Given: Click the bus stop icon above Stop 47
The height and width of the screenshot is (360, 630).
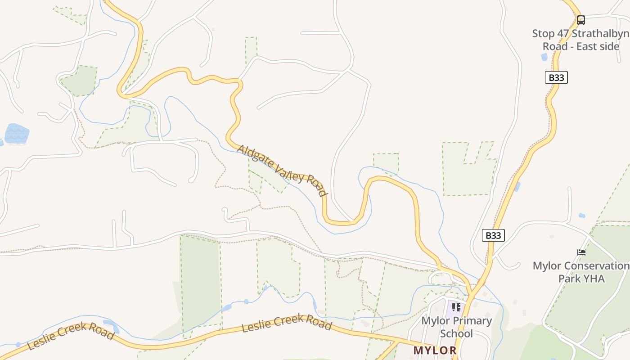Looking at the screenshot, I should pyautogui.click(x=581, y=20).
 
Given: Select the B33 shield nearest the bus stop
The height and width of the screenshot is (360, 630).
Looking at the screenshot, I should pyautogui.click(x=556, y=77).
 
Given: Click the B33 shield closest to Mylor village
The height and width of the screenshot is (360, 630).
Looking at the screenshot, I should pyautogui.click(x=493, y=235).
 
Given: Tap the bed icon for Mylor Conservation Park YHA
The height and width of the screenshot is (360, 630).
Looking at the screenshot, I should pyautogui.click(x=581, y=252).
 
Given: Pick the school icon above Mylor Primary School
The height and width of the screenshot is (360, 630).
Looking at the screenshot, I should pyautogui.click(x=456, y=307).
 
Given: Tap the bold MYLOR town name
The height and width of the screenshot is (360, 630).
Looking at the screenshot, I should pyautogui.click(x=435, y=350).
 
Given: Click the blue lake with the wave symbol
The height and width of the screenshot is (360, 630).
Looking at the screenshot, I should pyautogui.click(x=17, y=134).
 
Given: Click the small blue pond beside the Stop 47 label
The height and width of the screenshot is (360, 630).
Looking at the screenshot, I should pyautogui.click(x=544, y=57).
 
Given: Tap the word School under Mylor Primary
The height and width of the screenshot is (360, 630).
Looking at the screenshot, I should pyautogui.click(x=456, y=333).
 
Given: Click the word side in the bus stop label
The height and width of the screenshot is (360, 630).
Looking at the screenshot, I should pyautogui.click(x=610, y=46).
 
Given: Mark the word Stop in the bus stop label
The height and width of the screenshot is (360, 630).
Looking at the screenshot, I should pyautogui.click(x=542, y=34).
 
